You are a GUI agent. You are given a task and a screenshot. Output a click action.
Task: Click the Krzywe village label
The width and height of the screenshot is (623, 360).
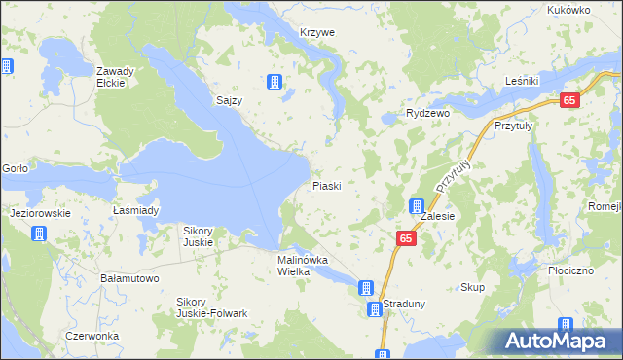pos(317,32)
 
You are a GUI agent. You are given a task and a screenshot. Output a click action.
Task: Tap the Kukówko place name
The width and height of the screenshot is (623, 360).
pos(569,9)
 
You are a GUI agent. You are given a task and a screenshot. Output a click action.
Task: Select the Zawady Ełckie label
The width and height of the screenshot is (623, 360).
pos(115,77)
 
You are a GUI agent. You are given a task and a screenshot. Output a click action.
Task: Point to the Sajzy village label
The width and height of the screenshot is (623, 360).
pos(229,100)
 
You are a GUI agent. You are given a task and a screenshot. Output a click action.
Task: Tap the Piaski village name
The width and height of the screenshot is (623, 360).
pos(326,186)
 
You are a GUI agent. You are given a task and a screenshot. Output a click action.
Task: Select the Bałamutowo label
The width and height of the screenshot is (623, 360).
pos(130,278)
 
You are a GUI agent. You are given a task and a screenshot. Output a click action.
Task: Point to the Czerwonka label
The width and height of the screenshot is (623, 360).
pos(92,336)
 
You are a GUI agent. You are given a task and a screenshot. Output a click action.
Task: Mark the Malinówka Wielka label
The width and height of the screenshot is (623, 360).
pos(308,266)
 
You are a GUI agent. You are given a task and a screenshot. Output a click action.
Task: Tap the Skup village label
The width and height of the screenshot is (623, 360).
pos(472,288)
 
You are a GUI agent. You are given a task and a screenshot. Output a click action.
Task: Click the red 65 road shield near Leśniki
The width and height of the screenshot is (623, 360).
pos(570,100)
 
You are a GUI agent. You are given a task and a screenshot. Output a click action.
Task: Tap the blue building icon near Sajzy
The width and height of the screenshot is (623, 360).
pos(275,81)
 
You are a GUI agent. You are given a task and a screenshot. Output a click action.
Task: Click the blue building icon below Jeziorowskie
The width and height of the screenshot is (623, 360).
pos(39,234)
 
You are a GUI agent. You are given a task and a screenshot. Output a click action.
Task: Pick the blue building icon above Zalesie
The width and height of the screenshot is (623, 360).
pos(417,206)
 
